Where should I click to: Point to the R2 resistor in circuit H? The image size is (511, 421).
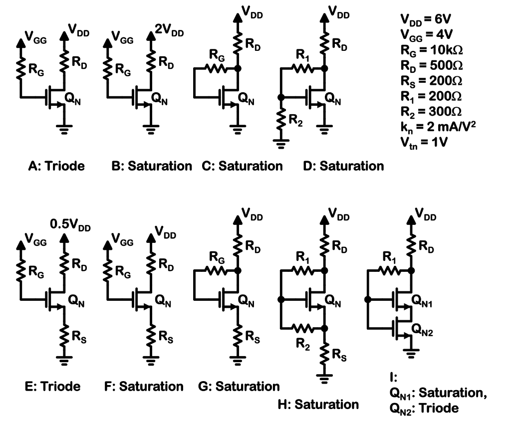click(x=303, y=329)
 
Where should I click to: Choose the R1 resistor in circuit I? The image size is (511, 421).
click(x=389, y=271)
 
